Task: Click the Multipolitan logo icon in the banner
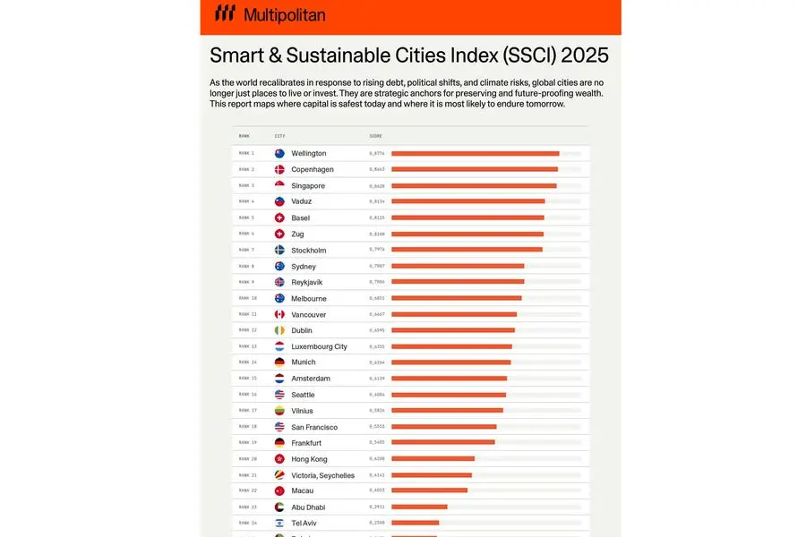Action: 226,14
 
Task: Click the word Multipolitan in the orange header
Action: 284,15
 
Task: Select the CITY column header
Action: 279,136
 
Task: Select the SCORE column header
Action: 375,136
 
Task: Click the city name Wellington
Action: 308,154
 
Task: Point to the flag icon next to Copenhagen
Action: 279,169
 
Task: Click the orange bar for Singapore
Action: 474,186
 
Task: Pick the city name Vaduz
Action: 301,202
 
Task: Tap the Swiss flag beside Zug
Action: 279,234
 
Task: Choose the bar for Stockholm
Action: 467,250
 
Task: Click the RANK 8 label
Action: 246,266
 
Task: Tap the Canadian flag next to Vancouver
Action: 279,314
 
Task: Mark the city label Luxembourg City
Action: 319,346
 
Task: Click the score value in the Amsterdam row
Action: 377,379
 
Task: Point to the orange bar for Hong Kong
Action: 433,459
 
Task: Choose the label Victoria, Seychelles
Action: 322,475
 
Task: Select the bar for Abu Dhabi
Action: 419,507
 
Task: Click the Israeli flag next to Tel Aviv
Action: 279,523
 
